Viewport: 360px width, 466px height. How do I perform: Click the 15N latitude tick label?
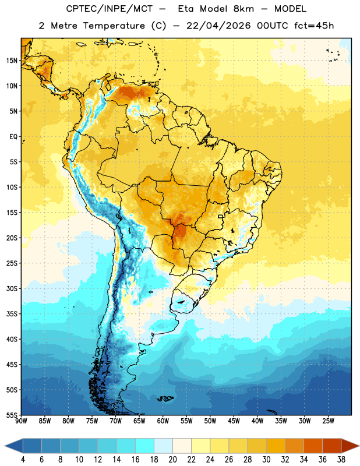click(12, 61)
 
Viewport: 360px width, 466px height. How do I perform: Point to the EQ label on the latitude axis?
click(13, 137)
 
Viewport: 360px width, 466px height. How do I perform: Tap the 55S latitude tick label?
click(12, 415)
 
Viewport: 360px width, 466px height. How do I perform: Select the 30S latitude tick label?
click(12, 288)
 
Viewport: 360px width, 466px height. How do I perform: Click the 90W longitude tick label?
click(21, 421)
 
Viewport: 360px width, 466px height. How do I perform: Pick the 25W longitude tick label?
click(328, 421)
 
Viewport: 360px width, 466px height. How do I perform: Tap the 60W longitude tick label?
click(163, 421)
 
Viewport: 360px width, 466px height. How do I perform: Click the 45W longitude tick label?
click(234, 421)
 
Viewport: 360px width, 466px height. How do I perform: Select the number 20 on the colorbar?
click(172, 460)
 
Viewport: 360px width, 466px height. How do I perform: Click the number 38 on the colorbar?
click(341, 460)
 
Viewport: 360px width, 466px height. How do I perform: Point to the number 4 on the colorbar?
click(23, 460)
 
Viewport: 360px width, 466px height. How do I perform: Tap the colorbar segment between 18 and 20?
click(163, 446)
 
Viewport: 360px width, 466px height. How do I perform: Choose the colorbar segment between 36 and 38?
click(332, 446)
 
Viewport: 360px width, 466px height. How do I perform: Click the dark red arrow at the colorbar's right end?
click(350, 446)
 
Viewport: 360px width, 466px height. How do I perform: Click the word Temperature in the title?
click(114, 26)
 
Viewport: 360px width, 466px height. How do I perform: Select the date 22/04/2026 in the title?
click(219, 26)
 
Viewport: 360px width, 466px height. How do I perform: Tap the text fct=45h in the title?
click(314, 26)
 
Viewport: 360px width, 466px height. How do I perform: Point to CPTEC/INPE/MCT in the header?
click(109, 9)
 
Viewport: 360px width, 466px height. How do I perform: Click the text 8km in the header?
click(243, 9)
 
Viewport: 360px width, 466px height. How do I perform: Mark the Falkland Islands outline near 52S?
click(165, 398)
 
